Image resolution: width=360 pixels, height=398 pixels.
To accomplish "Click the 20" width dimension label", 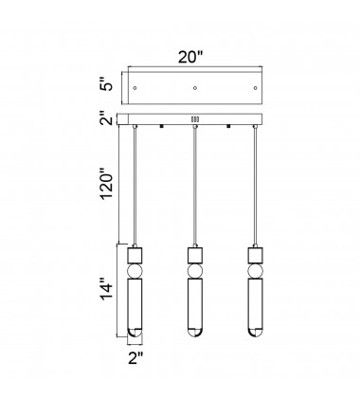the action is pyautogui.click(x=189, y=57).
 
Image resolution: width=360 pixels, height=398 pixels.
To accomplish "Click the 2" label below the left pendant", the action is pyautogui.click(x=135, y=358).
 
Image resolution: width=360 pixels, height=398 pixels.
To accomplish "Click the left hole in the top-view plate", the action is pyautogui.click(x=135, y=88).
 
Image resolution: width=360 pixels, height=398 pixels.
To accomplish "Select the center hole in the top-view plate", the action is pyautogui.click(x=195, y=88).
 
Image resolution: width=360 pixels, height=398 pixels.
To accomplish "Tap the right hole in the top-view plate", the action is pyautogui.click(x=255, y=88).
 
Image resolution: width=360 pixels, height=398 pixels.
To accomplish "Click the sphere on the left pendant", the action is pyautogui.click(x=135, y=271).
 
